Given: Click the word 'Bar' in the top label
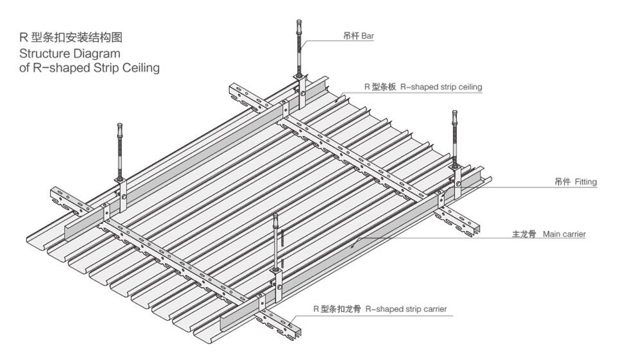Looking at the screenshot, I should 367,37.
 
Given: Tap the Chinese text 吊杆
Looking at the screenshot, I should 350,37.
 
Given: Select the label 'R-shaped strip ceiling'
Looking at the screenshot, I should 441,87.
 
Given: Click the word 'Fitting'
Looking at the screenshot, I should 585,182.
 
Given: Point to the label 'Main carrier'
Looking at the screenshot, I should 564,235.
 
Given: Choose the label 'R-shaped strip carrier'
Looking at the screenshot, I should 406,309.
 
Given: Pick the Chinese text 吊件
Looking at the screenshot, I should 562,182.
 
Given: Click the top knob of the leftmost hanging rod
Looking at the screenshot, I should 119,126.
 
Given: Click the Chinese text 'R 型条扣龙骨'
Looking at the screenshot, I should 336,309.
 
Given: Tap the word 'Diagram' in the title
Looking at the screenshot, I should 98,53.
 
